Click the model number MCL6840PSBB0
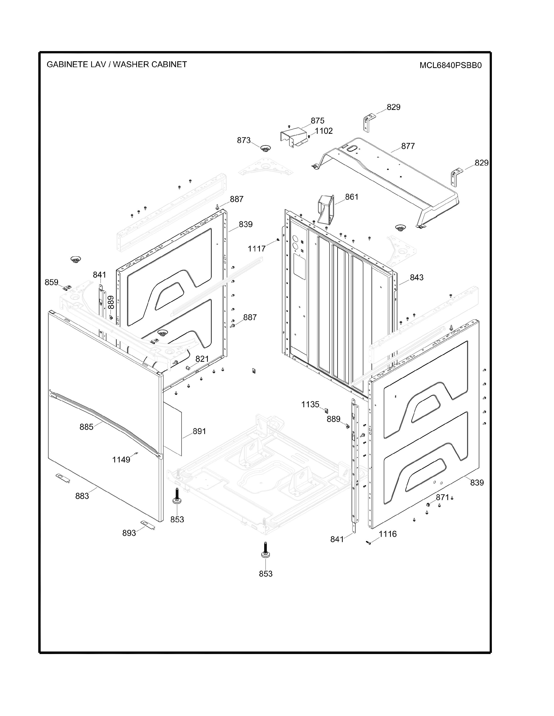pyautogui.click(x=450, y=65)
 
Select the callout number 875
pyautogui.click(x=317, y=121)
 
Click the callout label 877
pyautogui.click(x=408, y=146)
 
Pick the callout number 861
pyautogui.click(x=352, y=197)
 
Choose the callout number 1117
pyautogui.click(x=256, y=249)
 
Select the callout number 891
pyautogui.click(x=199, y=431)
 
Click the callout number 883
pyautogui.click(x=82, y=496)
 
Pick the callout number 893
pyautogui.click(x=129, y=533)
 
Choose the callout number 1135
pyautogui.click(x=310, y=405)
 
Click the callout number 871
pyautogui.click(x=442, y=497)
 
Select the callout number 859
pyautogui.click(x=51, y=282)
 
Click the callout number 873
pyautogui.click(x=244, y=140)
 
